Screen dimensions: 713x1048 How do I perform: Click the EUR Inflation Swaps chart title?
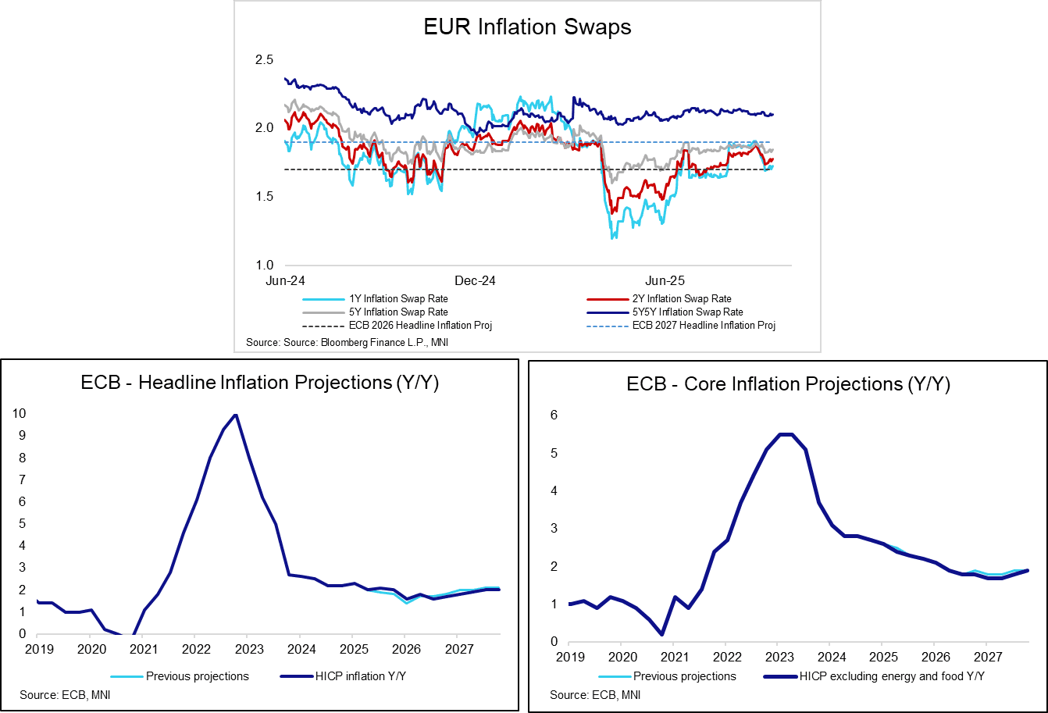point(527,27)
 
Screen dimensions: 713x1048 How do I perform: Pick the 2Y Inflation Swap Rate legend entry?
point(682,298)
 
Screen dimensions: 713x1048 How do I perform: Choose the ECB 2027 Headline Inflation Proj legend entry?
point(704,325)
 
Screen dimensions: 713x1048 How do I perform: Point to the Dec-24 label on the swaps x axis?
point(476,280)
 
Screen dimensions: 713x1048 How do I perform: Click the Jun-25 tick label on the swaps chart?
point(665,280)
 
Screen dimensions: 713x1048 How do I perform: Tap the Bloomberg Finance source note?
point(347,342)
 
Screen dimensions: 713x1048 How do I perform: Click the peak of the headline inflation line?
point(235,415)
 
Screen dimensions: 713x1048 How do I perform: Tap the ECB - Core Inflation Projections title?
point(787,385)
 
